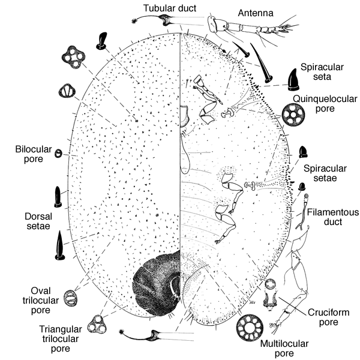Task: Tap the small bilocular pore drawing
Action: [x=58, y=154]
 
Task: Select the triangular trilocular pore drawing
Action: [x=95, y=325]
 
